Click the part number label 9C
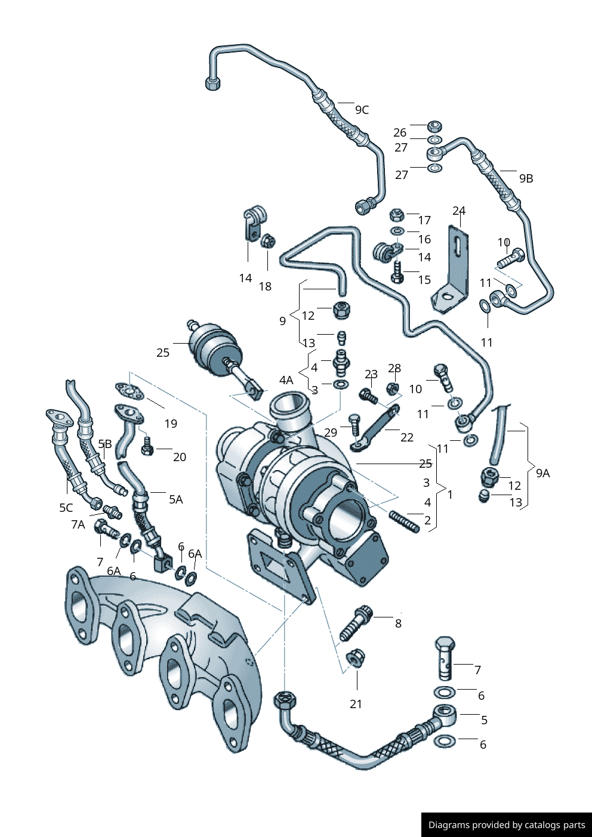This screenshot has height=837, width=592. coord(362,110)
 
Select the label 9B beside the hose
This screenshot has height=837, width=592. coord(526,178)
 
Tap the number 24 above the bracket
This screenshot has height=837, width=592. coord(459,211)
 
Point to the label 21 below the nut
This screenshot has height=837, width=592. coord(356,704)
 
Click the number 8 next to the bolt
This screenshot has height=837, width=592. coord(398,623)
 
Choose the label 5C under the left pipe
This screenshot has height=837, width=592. coord(66,508)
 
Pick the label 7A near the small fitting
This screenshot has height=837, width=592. coord(78,524)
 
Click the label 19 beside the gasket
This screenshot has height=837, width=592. coord(171,424)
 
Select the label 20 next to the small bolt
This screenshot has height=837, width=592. coord(180,457)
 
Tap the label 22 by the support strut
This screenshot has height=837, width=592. coord(407,437)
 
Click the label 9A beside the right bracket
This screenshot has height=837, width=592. coord(542,473)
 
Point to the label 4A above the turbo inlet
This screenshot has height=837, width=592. coord(286,380)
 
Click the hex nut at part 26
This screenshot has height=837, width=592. coord(434,126)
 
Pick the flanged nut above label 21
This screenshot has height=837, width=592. coord(355,657)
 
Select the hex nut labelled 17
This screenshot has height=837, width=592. coord(397,215)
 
